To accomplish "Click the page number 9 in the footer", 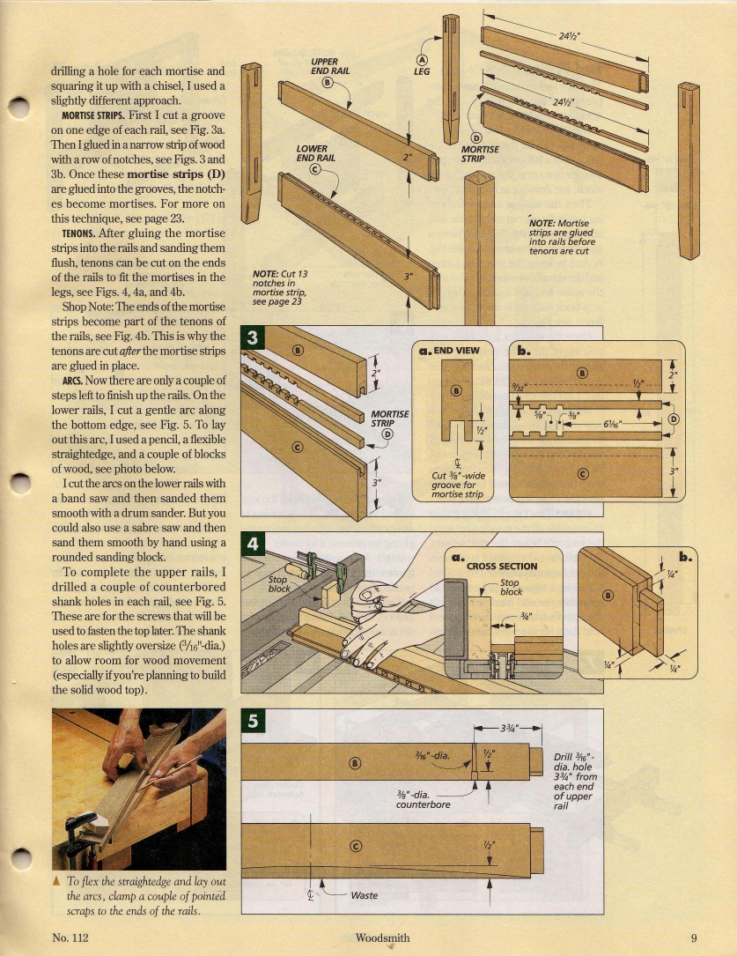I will [694, 938].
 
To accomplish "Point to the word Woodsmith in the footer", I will [383, 938].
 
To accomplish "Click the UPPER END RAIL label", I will [327, 65].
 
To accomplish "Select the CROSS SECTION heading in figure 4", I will [501, 566].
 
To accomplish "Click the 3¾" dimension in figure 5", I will [508, 728].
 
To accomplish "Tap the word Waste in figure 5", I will [364, 895].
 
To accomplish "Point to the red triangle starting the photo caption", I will [56, 881].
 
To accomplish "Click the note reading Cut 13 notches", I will [278, 286].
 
